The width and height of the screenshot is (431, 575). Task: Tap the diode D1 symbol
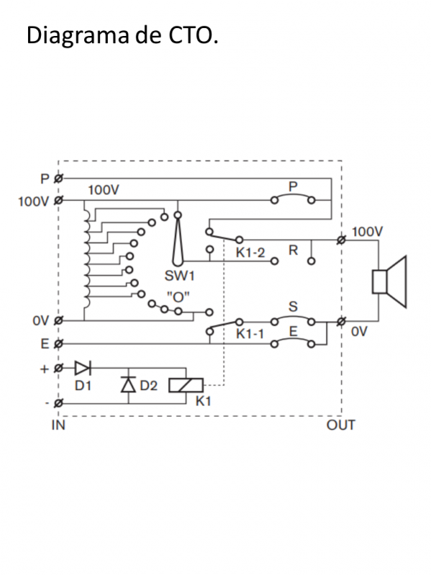83,368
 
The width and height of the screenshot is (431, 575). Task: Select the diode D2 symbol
129,385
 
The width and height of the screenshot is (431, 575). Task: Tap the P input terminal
58,177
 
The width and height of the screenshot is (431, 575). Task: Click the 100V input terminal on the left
58,199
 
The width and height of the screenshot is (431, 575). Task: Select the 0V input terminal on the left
58,321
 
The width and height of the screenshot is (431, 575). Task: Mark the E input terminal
58,344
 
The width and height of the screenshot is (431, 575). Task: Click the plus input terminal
58,368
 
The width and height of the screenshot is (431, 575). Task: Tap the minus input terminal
58,402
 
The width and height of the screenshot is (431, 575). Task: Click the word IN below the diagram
58,425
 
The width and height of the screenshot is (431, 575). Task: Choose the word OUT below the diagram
340,425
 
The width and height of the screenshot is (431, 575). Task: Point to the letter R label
293,250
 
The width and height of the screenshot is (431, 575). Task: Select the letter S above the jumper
293,307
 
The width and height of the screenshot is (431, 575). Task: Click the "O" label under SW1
177,295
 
